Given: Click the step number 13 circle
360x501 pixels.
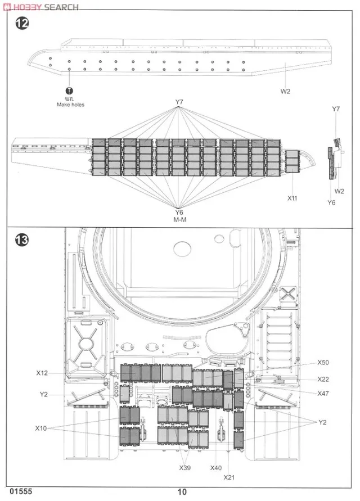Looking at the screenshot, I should (21, 241).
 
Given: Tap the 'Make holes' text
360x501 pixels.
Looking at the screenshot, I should (70, 105).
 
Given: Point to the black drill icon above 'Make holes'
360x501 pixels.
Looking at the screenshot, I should (70, 90).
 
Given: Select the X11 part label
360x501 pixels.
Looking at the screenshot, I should (292, 198).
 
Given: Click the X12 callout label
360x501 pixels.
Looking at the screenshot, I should (42, 373).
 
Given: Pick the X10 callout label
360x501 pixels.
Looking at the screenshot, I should (40, 428).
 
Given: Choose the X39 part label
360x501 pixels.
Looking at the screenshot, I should (185, 468).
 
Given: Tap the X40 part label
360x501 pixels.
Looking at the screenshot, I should (216, 468).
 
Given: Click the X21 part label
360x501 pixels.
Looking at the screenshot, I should (229, 477).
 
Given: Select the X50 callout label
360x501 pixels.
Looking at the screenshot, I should (323, 363).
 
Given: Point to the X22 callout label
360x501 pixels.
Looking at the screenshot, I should (323, 379).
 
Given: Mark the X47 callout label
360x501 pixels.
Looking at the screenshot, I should (323, 393).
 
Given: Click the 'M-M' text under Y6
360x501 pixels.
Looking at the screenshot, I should (179, 220).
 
